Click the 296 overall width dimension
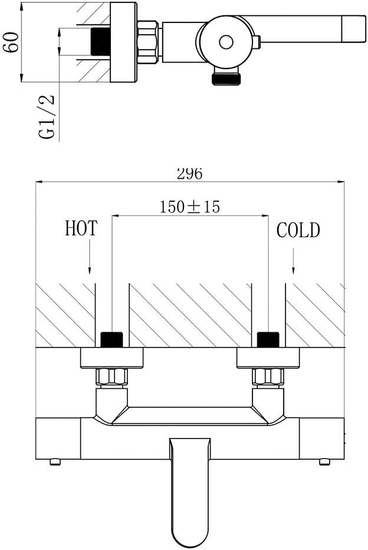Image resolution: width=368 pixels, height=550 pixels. [x=190, y=173]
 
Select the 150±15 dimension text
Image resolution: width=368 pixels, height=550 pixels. [x=190, y=207]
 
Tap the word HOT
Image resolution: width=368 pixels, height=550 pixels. [x=81, y=228]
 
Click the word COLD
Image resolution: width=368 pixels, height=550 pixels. [x=298, y=231]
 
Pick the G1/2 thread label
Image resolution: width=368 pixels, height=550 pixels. [x=47, y=117]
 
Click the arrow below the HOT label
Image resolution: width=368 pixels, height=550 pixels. [x=90, y=257]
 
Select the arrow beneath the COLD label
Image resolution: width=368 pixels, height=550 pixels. [x=293, y=261]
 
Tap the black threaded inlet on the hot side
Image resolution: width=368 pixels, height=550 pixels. [x=112, y=339]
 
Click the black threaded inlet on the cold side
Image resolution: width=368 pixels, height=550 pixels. [x=268, y=339]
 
